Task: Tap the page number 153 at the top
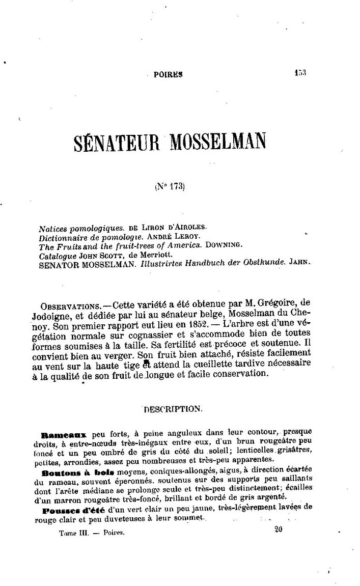coord(300,73)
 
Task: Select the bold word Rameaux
coord(63,435)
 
